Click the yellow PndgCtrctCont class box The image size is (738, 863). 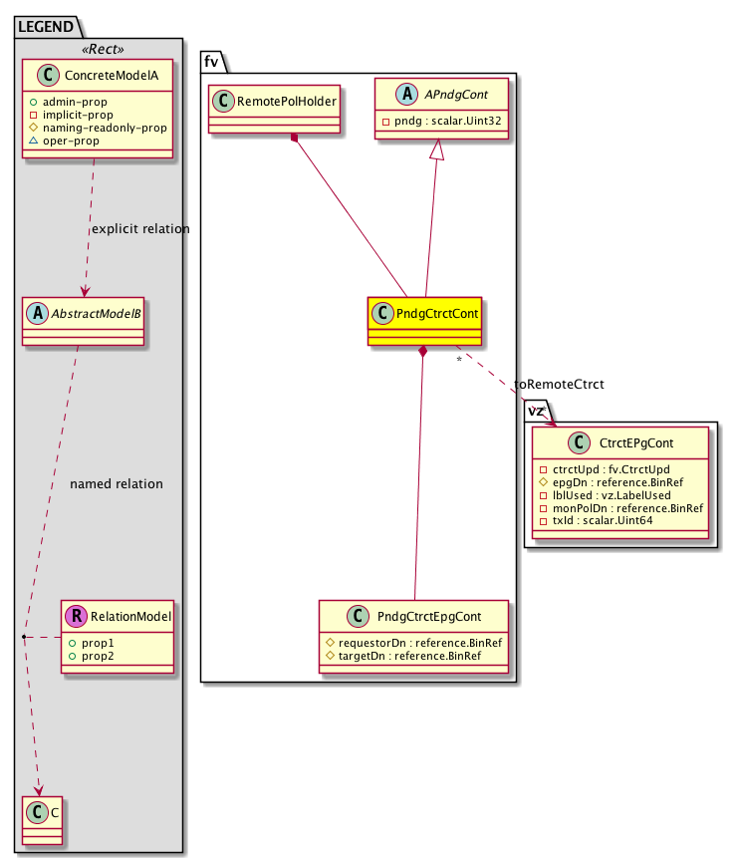click(424, 321)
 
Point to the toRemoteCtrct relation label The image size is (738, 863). click(559, 385)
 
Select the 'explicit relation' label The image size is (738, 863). click(139, 229)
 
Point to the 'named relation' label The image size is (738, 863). click(117, 484)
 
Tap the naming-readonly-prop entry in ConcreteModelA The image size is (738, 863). click(103, 128)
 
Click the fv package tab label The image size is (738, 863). click(211, 60)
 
